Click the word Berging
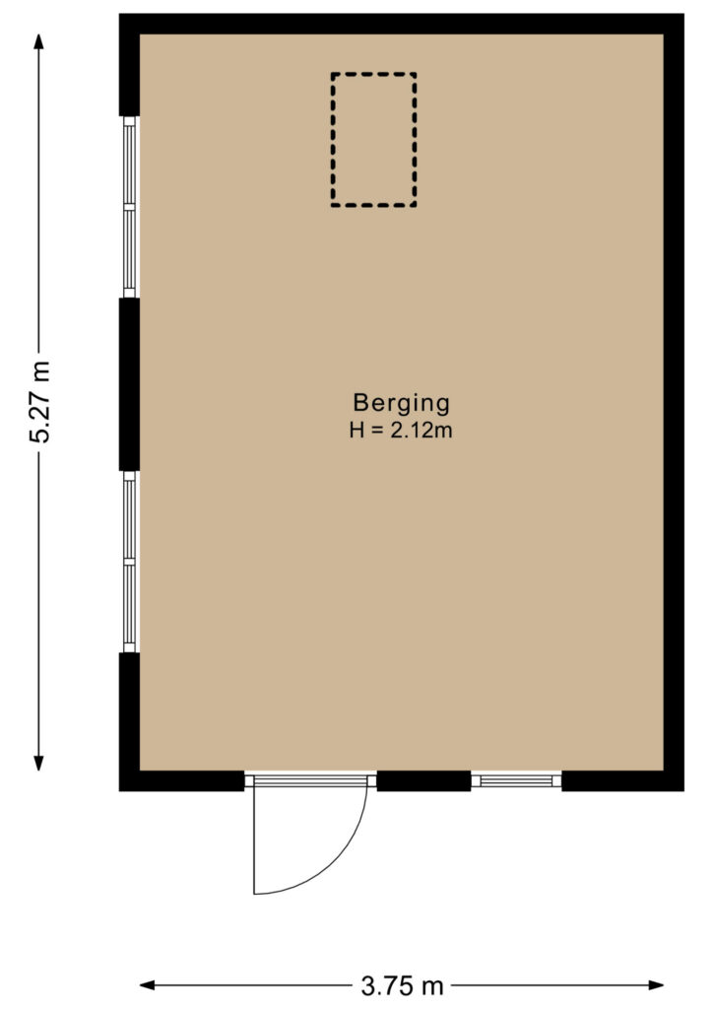401,403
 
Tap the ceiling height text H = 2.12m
401,430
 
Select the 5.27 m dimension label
39,402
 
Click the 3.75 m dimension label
402,985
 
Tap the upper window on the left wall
130,207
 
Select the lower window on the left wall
130,562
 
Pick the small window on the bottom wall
516,781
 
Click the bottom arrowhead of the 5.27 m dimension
38,764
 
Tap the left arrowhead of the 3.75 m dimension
148,985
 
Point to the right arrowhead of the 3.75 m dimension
656,985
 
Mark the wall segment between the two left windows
129,385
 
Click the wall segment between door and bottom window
423,781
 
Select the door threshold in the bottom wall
310,781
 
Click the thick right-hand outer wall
674,402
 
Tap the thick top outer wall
402,24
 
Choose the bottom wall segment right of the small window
622,781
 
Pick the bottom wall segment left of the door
182,781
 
